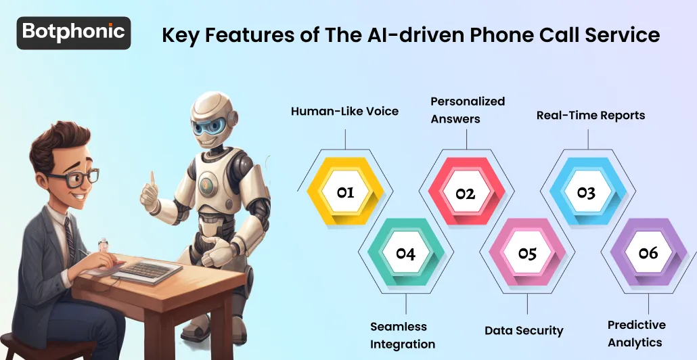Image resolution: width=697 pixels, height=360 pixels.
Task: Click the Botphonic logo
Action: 73,32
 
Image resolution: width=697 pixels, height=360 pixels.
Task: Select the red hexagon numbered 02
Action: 465,194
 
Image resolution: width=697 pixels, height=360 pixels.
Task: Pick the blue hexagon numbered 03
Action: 586,193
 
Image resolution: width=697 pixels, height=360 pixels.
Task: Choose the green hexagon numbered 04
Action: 405,254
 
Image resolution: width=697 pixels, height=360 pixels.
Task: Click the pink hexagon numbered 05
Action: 526,254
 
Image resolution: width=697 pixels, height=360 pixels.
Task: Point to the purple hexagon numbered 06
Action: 648,253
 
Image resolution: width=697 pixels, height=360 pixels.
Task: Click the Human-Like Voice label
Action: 345,112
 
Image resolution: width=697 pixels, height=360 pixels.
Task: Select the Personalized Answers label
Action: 468,110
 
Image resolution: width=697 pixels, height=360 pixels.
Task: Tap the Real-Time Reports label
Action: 591,115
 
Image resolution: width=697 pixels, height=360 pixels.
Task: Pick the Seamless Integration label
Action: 403,335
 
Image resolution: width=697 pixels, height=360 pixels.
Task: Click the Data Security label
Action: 524,331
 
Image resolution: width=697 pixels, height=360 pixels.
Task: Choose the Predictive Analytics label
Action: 636,333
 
